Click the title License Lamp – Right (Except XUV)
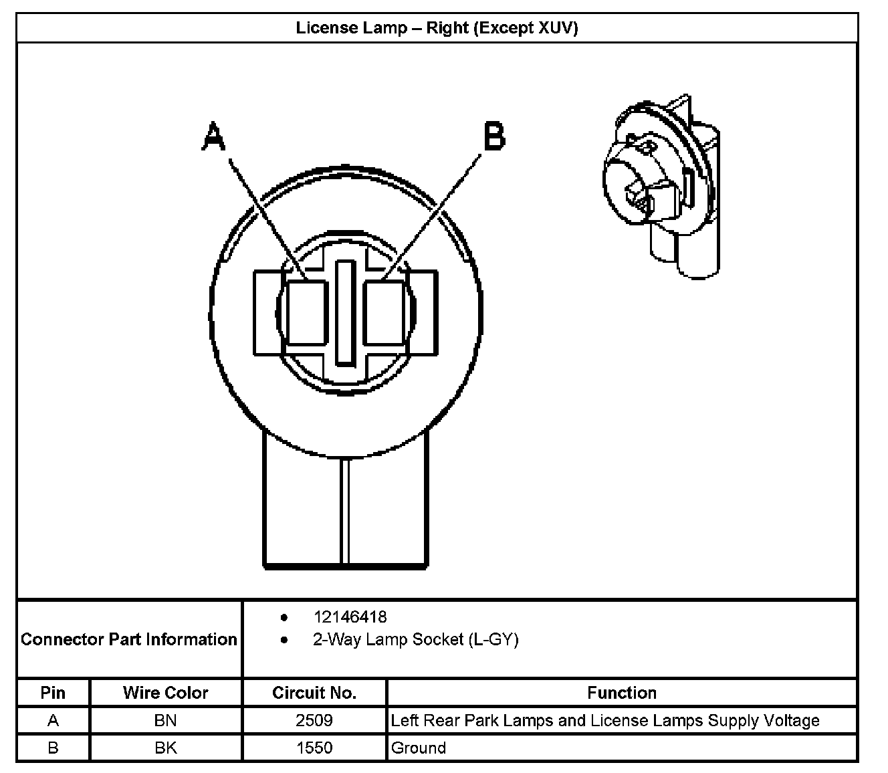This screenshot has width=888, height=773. coord(437,28)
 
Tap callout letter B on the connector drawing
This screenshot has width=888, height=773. coord(493,137)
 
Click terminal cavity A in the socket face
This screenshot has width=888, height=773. coord(308,313)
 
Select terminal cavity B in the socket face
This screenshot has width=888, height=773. coord(384,313)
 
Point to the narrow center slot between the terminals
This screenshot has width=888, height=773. coord(345,313)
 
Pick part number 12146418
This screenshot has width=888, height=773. coord(350,617)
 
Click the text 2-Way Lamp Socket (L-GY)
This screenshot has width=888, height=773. coord(415,640)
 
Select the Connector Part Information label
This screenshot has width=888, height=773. coord(129,639)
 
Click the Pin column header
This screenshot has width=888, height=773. coord(53,693)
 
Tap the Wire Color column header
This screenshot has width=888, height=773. coord(165,693)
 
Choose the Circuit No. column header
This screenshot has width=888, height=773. coord(314,693)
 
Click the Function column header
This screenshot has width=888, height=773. coord(622,693)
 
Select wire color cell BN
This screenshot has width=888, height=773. coord(165,721)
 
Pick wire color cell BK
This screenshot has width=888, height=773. coord(165,748)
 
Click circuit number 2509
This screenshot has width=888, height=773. coord(314,721)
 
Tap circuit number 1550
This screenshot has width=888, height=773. coord(314,748)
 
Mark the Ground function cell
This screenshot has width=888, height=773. coord(419,748)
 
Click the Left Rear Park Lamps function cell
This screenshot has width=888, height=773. coord(604,721)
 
